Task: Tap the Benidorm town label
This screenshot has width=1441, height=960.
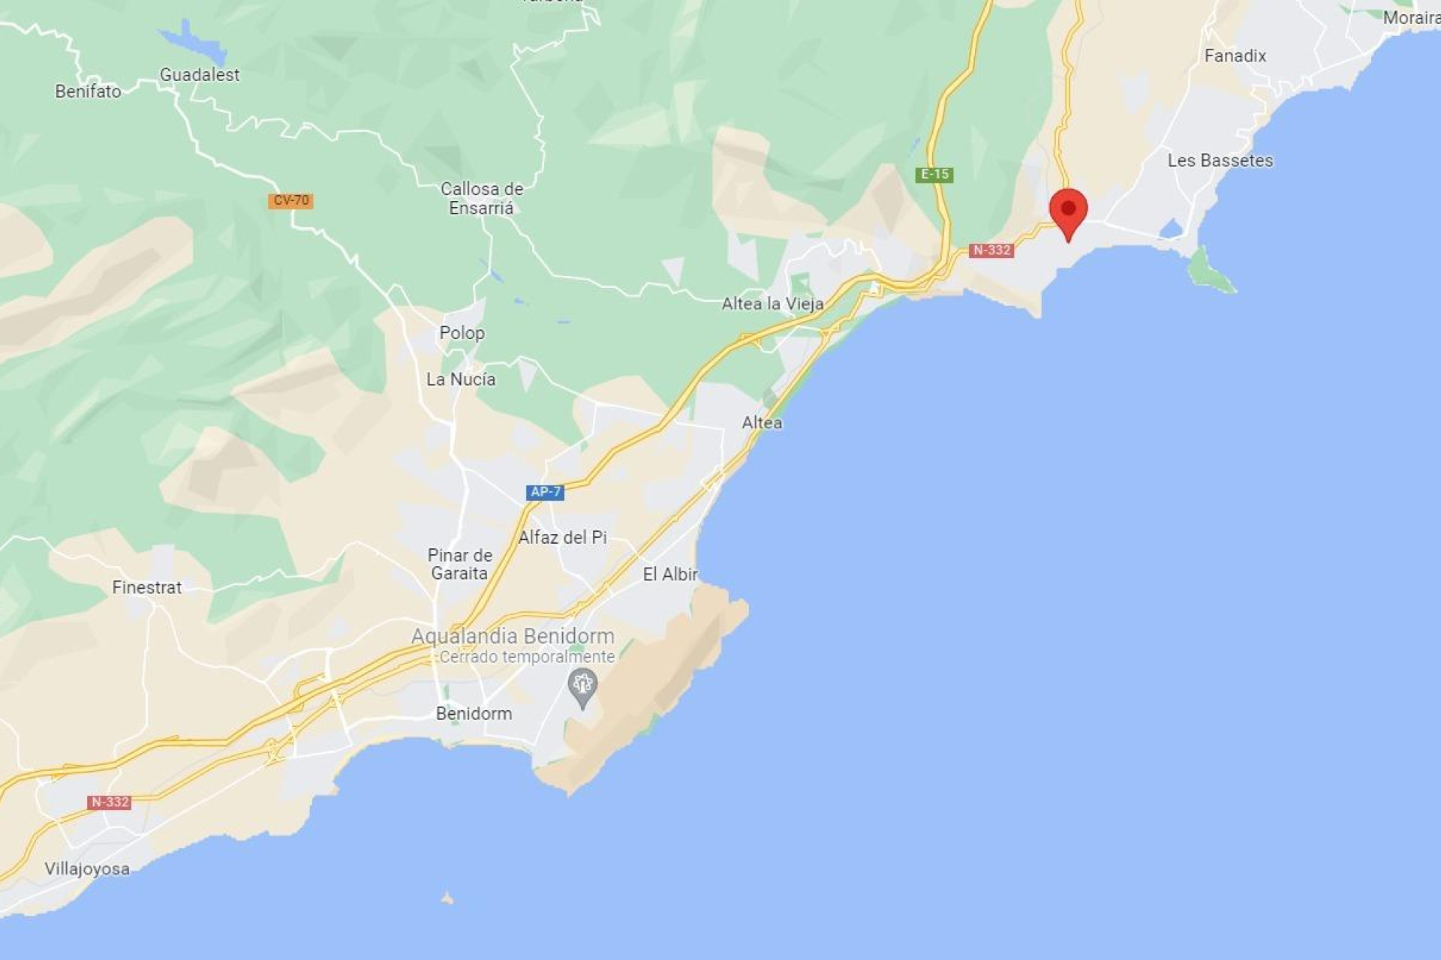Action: (474, 713)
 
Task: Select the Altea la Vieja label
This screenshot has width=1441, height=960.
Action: (772, 304)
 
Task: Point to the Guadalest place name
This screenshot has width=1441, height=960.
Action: (200, 75)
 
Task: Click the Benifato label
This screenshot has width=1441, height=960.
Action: (88, 91)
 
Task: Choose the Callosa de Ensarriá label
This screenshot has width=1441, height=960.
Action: (481, 199)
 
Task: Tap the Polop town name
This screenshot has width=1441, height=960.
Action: (462, 333)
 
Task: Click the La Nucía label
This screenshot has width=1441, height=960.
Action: (461, 379)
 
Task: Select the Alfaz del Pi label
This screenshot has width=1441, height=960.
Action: (562, 537)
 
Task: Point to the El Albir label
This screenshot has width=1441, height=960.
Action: (670, 574)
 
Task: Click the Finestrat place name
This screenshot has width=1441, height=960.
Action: (147, 587)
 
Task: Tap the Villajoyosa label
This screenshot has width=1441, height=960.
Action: (87, 868)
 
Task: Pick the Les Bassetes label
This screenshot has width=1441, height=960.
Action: (1220, 160)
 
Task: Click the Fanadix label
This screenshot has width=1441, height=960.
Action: (1235, 55)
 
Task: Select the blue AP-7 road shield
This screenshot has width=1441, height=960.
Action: (545, 492)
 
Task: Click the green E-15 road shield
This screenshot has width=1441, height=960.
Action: (934, 174)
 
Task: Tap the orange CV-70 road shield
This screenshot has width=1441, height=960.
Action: (290, 200)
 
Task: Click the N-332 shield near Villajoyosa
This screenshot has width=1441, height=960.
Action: (110, 802)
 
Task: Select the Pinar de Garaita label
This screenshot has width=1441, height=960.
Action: (459, 564)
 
